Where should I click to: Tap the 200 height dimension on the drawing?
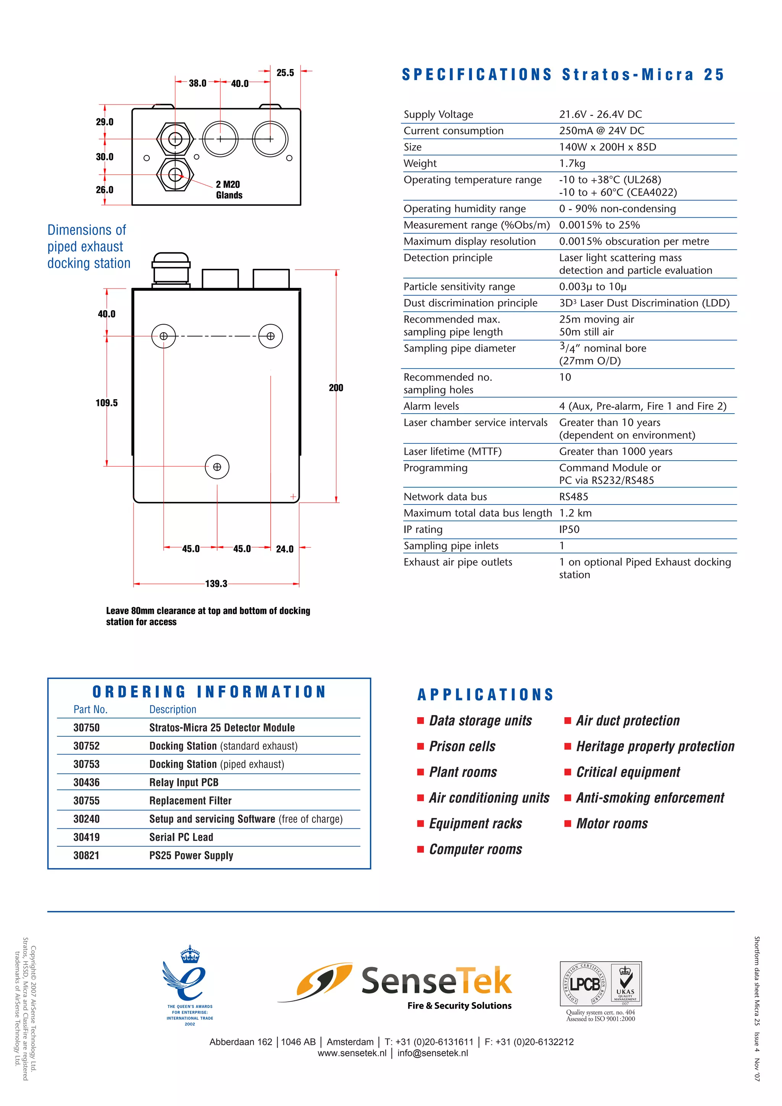[x=336, y=388]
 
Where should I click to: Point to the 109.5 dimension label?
[x=107, y=403]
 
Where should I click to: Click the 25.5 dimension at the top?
[x=285, y=73]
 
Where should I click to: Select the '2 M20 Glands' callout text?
[x=229, y=190]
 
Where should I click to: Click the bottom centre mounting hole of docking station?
[x=217, y=467]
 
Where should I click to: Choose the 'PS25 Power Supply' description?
[x=191, y=855]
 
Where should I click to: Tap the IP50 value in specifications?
[x=569, y=529]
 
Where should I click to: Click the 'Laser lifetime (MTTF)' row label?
[x=452, y=451]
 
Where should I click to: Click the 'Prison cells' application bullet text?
[x=462, y=746]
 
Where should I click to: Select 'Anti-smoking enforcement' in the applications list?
[x=650, y=798]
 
